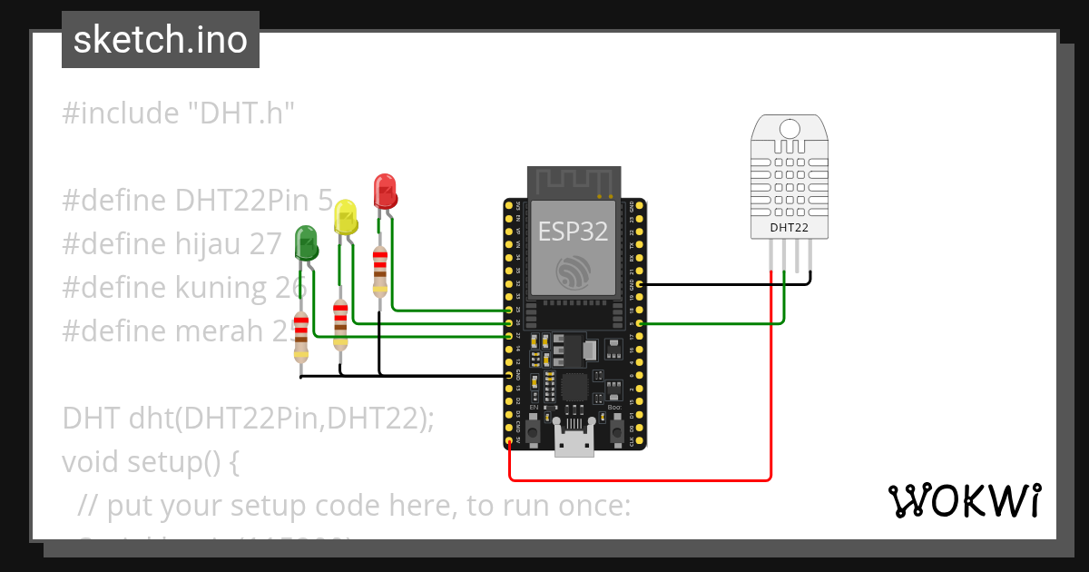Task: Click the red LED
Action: (386, 192)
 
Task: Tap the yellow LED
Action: (346, 218)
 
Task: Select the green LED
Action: (306, 244)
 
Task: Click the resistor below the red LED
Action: (380, 271)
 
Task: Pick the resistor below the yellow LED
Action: (340, 323)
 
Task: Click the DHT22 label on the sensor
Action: (789, 227)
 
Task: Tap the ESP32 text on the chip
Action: (573, 232)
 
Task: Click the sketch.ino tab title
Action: (161, 40)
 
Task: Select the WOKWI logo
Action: (964, 500)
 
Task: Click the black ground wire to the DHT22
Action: (726, 284)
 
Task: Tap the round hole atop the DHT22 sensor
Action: (790, 129)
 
